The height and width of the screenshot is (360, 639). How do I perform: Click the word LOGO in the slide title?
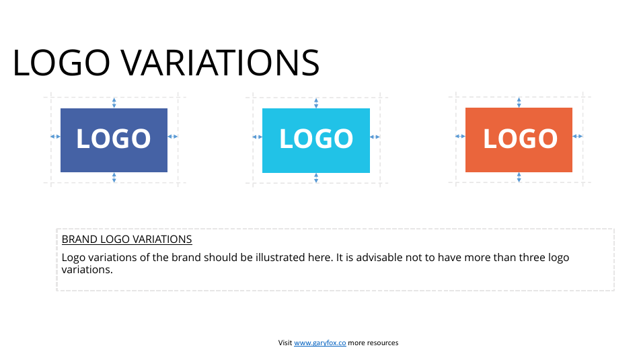(x=61, y=63)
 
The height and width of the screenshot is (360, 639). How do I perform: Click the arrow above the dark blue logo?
(x=114, y=102)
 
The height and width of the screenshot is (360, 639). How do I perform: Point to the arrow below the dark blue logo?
(x=114, y=178)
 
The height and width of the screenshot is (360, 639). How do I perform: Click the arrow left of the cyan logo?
(x=258, y=137)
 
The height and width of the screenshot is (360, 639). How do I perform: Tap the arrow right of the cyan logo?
(x=375, y=137)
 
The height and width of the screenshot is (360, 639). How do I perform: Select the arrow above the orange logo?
(x=519, y=102)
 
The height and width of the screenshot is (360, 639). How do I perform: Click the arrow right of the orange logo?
(x=578, y=137)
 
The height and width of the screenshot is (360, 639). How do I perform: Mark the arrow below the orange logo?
(x=519, y=178)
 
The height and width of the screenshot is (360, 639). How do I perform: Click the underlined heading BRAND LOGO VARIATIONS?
(x=126, y=240)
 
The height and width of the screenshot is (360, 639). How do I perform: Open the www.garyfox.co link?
(x=319, y=343)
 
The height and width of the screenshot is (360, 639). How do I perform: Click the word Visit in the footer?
(x=285, y=343)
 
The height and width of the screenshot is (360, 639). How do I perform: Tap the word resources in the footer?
(x=383, y=343)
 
